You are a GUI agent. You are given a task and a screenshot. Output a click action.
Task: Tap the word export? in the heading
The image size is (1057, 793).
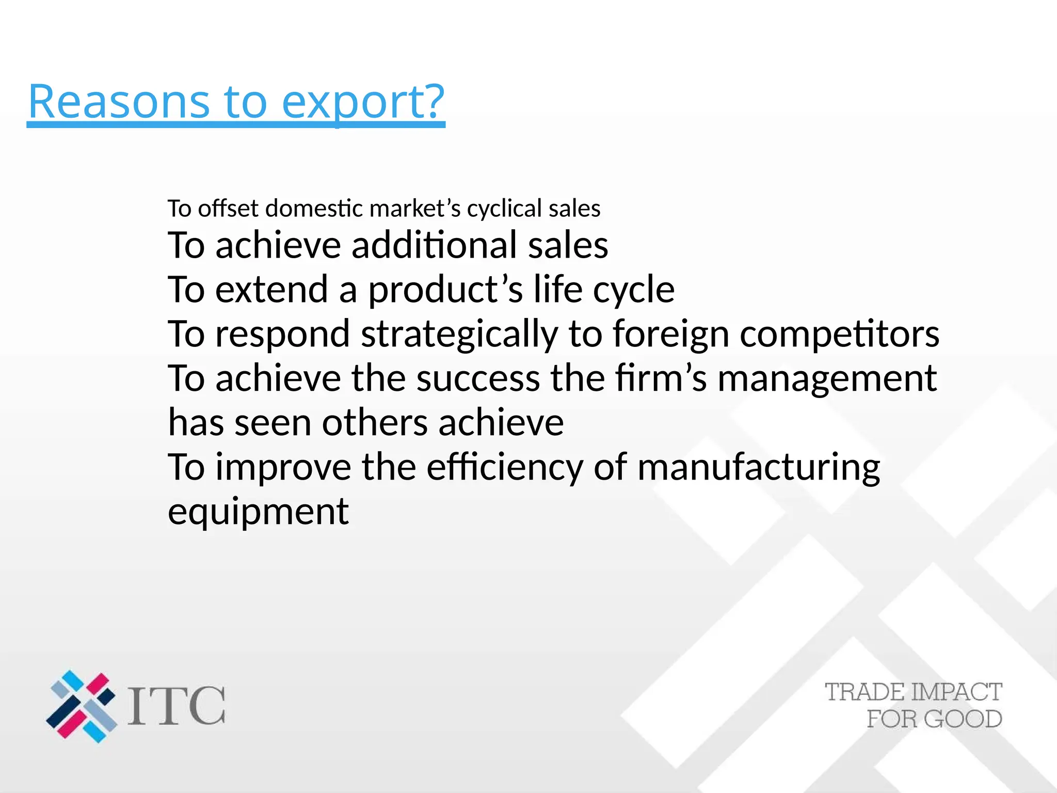click(363, 102)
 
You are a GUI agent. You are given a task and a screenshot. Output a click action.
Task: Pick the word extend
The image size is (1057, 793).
click(271, 289)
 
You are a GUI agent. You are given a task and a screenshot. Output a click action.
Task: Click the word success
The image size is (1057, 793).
click(478, 378)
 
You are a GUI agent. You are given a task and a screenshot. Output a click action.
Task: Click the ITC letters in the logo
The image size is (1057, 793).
click(177, 706)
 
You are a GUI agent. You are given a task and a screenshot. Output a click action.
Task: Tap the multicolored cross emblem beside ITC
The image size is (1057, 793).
click(82, 706)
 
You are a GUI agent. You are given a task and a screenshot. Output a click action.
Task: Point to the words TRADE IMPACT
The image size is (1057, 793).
click(913, 692)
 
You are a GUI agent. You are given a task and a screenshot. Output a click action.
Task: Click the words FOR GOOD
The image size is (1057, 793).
click(934, 719)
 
